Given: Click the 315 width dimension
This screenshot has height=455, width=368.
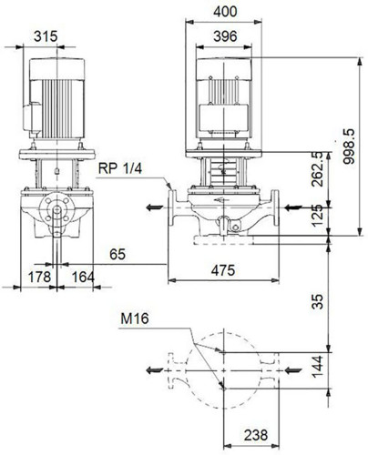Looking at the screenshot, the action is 46,36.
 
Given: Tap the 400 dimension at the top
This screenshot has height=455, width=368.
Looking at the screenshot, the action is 225,12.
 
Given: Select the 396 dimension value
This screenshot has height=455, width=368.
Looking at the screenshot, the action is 225,36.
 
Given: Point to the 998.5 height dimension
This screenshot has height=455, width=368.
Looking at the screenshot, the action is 349,147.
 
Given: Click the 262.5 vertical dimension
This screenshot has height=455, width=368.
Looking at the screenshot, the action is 318,169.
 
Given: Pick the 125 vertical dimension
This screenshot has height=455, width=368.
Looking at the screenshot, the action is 318,216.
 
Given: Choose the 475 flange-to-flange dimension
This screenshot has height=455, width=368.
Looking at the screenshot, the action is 223,270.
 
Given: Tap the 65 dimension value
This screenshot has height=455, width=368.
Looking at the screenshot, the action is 118,254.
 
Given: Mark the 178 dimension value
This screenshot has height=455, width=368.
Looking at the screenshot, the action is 39,277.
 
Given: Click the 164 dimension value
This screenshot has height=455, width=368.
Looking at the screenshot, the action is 83,277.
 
